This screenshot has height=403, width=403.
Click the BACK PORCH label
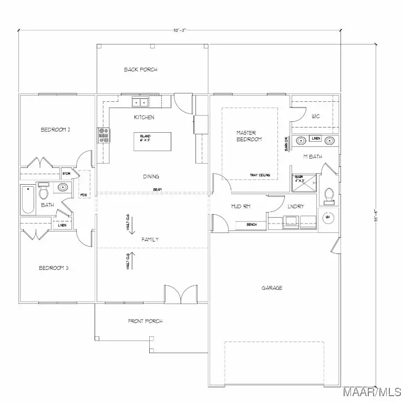[141, 69]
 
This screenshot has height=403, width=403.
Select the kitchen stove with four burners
[103, 136]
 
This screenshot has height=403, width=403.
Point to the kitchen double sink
[139, 102]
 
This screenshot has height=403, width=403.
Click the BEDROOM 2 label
[55, 129]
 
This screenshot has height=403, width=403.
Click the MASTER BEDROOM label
[249, 136]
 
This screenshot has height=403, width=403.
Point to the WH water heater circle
[327, 217]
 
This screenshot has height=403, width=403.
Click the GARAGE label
[272, 288]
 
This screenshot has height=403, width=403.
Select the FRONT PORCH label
[146, 321]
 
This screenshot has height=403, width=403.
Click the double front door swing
[180, 295]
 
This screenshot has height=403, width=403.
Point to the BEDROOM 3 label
[54, 268]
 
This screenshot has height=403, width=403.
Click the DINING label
[150, 177]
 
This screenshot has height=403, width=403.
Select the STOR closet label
[67, 173]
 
